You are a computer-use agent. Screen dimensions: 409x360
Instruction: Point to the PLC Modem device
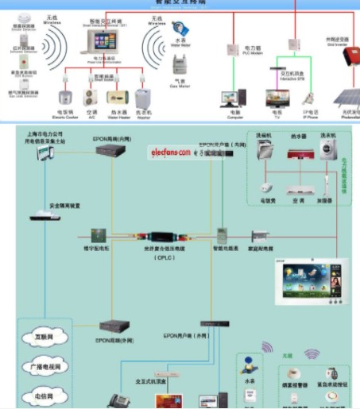click(234, 49)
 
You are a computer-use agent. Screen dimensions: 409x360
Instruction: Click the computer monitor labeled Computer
click(234, 97)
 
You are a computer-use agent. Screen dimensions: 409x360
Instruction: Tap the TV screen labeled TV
click(279, 98)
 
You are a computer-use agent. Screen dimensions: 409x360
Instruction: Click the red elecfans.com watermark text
click(168, 151)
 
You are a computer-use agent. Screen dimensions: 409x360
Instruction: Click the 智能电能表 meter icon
click(223, 236)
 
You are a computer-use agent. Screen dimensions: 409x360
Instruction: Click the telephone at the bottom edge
click(120, 399)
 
